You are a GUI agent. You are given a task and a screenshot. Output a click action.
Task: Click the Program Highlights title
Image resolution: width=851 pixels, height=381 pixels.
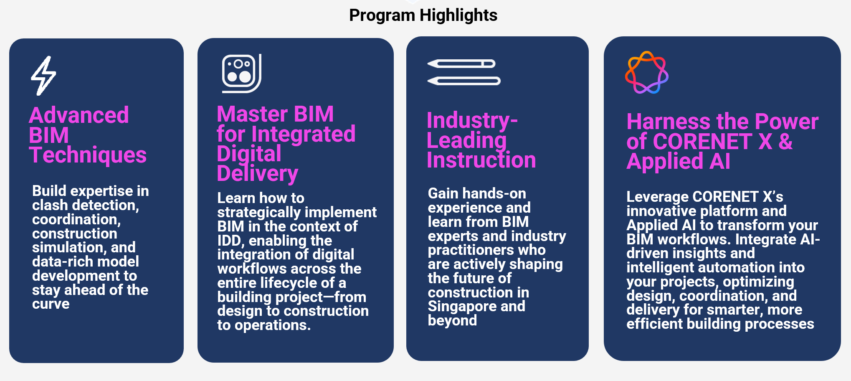pos(423,15)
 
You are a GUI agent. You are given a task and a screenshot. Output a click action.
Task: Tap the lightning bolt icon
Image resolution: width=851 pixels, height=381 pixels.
pos(43,76)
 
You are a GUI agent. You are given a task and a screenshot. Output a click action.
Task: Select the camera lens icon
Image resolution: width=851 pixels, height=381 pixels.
pos(241,74)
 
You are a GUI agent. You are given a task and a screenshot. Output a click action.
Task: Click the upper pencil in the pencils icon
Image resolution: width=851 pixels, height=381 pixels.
pos(461,63)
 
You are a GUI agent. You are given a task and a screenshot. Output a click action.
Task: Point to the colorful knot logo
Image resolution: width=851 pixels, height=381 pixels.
pos(646,72)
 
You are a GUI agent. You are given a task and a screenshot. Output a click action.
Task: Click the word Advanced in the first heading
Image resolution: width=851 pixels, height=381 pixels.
pos(79,115)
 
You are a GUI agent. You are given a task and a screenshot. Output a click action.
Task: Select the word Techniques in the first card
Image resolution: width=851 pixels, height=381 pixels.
pos(88,155)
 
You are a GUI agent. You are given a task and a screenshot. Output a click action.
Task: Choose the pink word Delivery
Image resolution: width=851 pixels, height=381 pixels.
pos(258,174)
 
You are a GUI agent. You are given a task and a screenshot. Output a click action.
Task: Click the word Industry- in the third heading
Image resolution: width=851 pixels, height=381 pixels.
pos(472,121)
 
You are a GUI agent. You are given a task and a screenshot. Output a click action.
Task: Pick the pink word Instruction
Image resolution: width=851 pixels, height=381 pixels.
pos(481,160)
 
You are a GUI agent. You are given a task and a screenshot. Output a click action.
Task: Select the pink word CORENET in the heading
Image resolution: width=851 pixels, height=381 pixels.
pos(703,142)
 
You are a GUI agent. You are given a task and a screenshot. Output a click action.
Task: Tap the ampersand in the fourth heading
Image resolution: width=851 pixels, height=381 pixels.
pos(785,142)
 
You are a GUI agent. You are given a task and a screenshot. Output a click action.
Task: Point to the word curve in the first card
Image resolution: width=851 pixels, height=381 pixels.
pos(51,304)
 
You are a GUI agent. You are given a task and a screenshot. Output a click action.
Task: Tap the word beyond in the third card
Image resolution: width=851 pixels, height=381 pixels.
pos(452,321)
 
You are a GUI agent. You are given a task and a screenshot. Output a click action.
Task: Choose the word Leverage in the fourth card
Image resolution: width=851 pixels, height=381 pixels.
pos(657,197)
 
